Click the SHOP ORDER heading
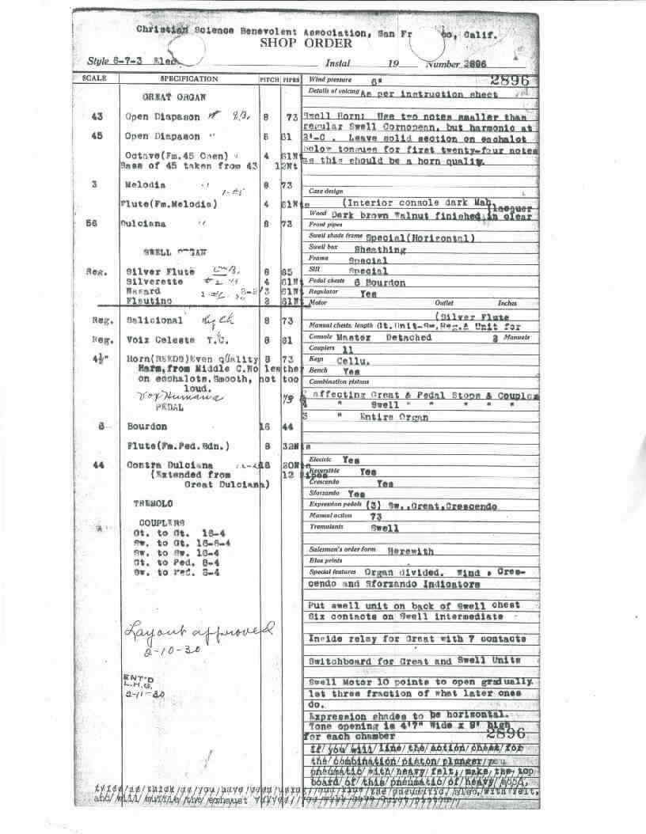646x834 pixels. click(x=306, y=44)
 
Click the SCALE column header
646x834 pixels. click(x=93, y=80)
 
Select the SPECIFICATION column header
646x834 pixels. click(x=188, y=80)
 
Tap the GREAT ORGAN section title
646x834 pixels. click(x=173, y=98)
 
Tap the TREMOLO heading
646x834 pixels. click(x=153, y=503)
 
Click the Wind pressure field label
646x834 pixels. click(x=330, y=81)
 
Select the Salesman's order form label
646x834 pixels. click(x=341, y=549)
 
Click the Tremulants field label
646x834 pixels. click(x=327, y=527)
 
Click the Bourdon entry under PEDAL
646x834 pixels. click(x=147, y=427)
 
